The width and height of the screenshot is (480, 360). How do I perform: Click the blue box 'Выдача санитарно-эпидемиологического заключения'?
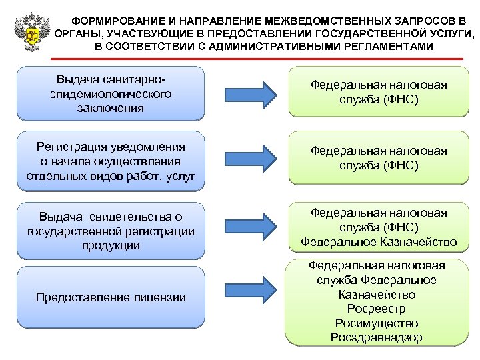pyautogui.click(x=110, y=93)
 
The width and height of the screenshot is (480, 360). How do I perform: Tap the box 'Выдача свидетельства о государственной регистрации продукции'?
pyautogui.click(x=110, y=231)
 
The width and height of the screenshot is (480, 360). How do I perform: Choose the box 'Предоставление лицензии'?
pyautogui.click(x=110, y=297)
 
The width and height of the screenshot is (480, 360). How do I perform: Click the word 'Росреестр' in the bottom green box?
pyautogui.click(x=376, y=309)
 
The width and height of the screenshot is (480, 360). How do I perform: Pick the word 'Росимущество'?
pyautogui.click(x=376, y=323)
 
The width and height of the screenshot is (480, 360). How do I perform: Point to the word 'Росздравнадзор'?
pyautogui.click(x=376, y=337)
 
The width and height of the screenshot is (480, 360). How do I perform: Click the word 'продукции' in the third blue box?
pyautogui.click(x=110, y=245)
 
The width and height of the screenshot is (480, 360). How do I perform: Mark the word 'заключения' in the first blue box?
pyautogui.click(x=110, y=107)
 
